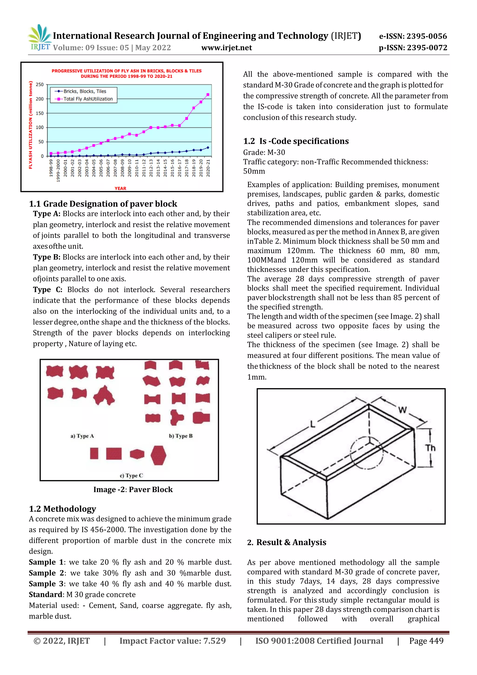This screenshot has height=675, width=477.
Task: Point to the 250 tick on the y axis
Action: click(40, 85)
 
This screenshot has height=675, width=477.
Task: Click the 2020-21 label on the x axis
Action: click(208, 168)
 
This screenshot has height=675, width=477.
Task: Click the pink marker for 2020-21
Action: click(208, 95)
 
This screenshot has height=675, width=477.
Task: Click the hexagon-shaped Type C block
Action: click(158, 455)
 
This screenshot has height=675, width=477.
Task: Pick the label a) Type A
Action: click(82, 436)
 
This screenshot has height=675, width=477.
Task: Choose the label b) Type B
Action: click(181, 436)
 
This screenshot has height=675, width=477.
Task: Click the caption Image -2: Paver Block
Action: click(133, 489)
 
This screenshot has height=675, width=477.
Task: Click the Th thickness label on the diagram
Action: click(430, 448)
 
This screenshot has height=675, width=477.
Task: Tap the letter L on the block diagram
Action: click(313, 424)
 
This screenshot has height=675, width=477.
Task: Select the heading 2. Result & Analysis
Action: click(287, 542)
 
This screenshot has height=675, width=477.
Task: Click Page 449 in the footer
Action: click(426, 641)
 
